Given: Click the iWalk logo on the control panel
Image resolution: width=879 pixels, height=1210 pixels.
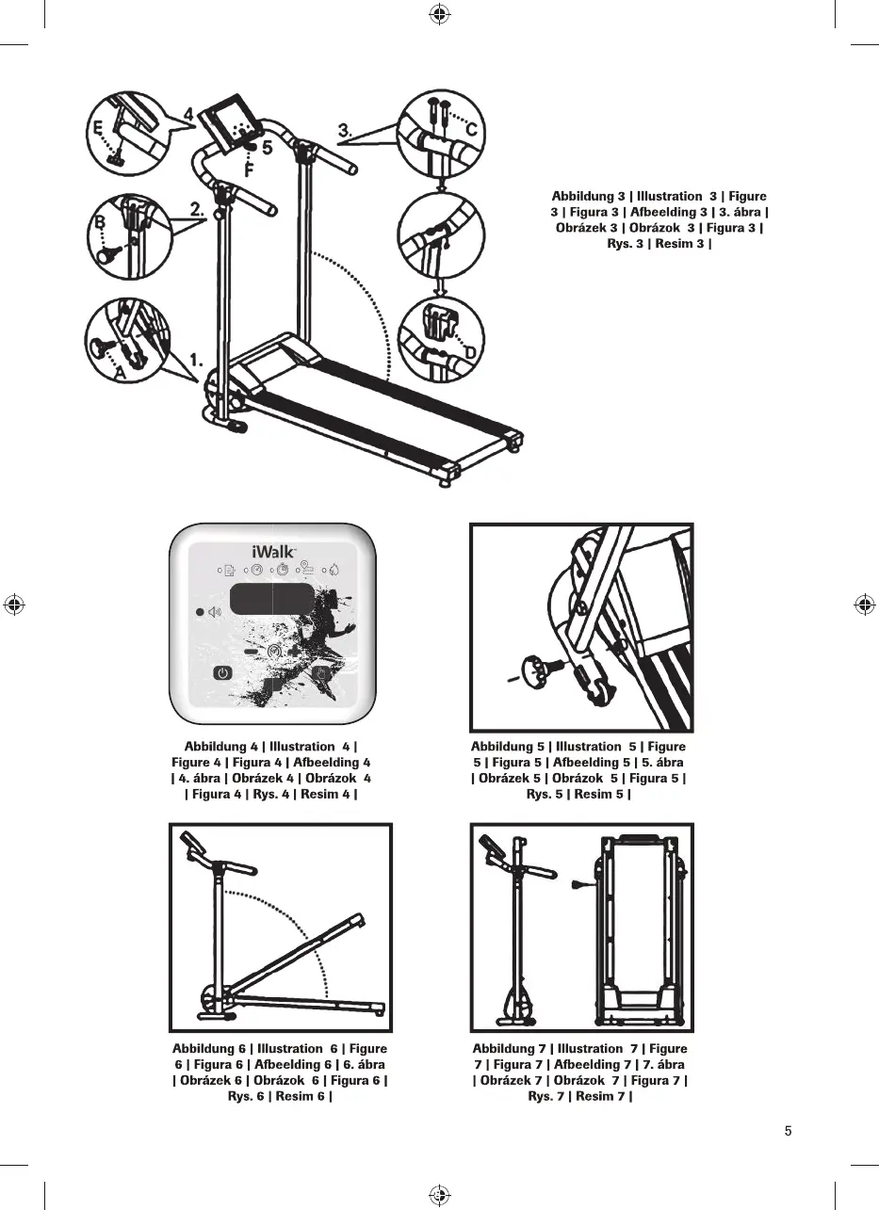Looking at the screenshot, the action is (272, 550).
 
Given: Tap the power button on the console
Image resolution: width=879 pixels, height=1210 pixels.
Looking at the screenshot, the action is (221, 673).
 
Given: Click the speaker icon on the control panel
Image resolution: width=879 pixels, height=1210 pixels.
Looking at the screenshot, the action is (214, 612).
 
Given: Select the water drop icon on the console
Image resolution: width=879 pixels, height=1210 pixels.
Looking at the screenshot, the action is (334, 570).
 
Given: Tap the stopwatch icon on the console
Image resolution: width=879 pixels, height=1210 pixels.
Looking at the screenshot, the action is (281, 570).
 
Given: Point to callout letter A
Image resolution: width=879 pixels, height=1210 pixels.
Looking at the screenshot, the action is (120, 374).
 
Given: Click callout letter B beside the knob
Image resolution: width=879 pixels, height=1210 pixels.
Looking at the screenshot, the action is (99, 224).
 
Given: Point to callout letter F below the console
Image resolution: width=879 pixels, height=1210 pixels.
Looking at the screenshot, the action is (249, 171).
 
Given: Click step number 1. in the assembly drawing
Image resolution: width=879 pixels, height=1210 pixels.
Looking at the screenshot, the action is (197, 360).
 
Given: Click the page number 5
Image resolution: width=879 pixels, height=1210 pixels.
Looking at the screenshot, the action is (788, 1131).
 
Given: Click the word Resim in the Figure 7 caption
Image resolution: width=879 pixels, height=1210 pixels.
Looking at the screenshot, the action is (594, 1096).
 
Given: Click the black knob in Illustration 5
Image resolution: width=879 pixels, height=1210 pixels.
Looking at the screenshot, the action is (545, 671).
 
